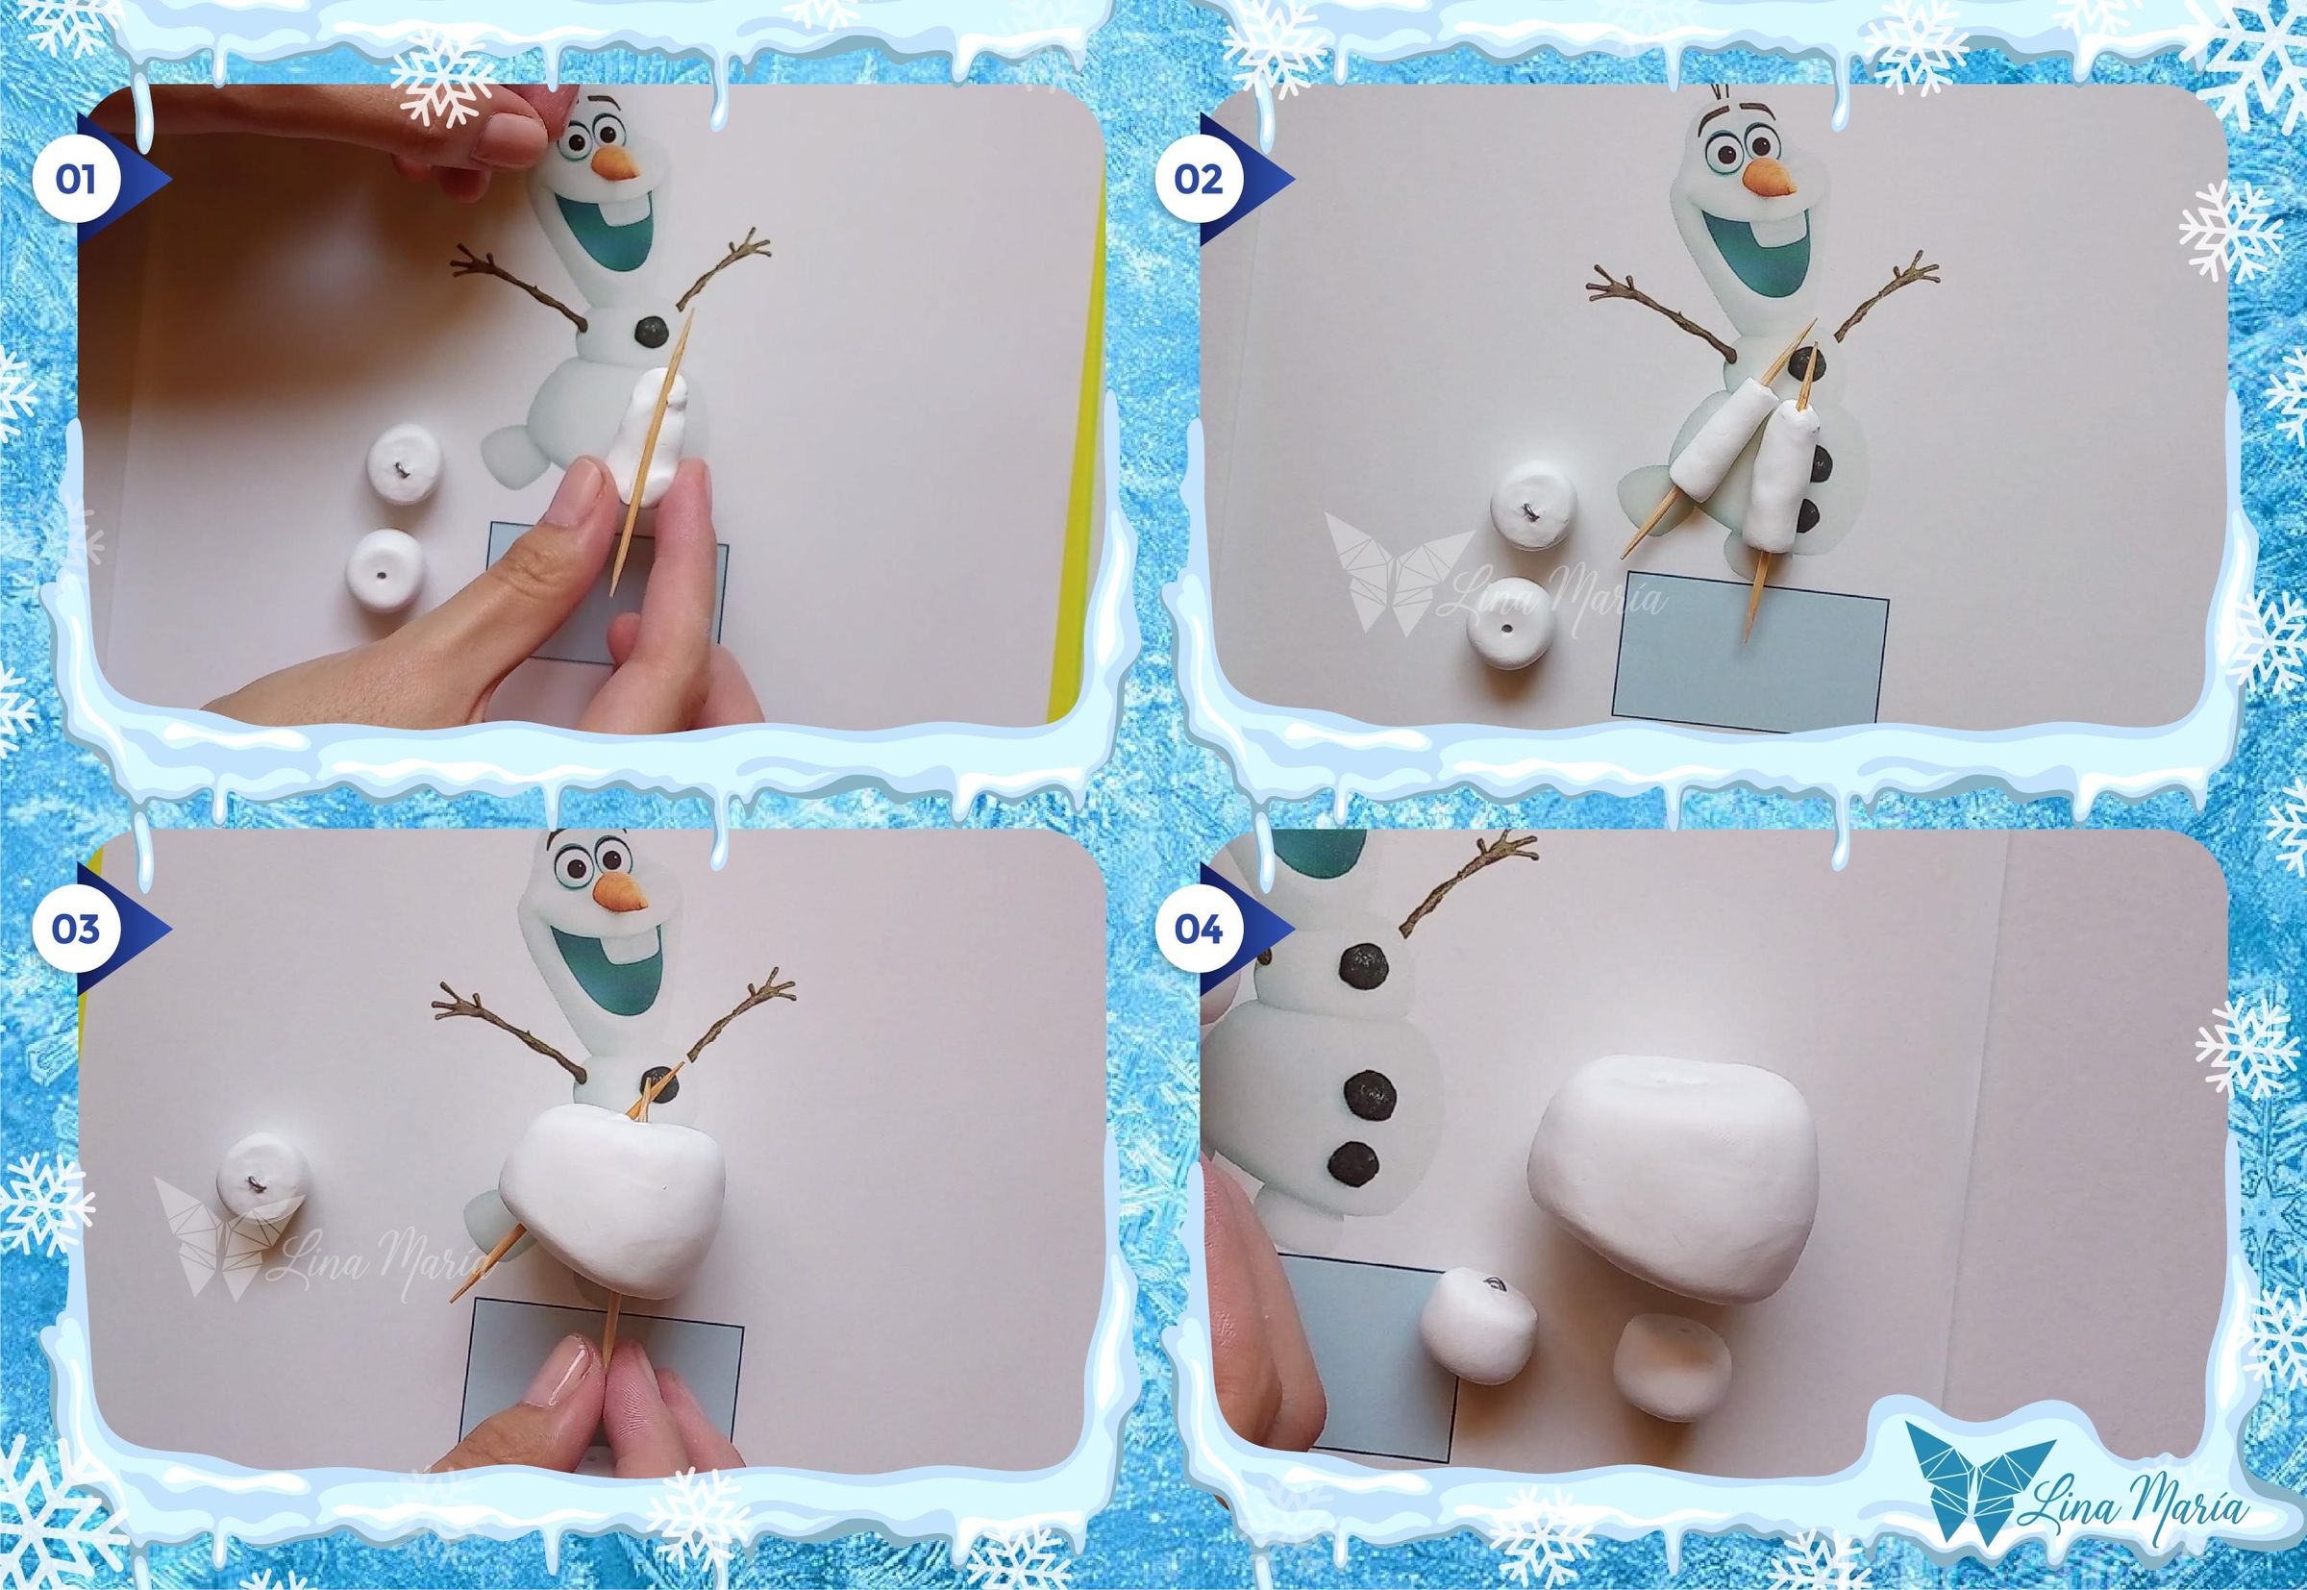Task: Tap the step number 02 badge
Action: pyautogui.click(x=1199, y=181)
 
